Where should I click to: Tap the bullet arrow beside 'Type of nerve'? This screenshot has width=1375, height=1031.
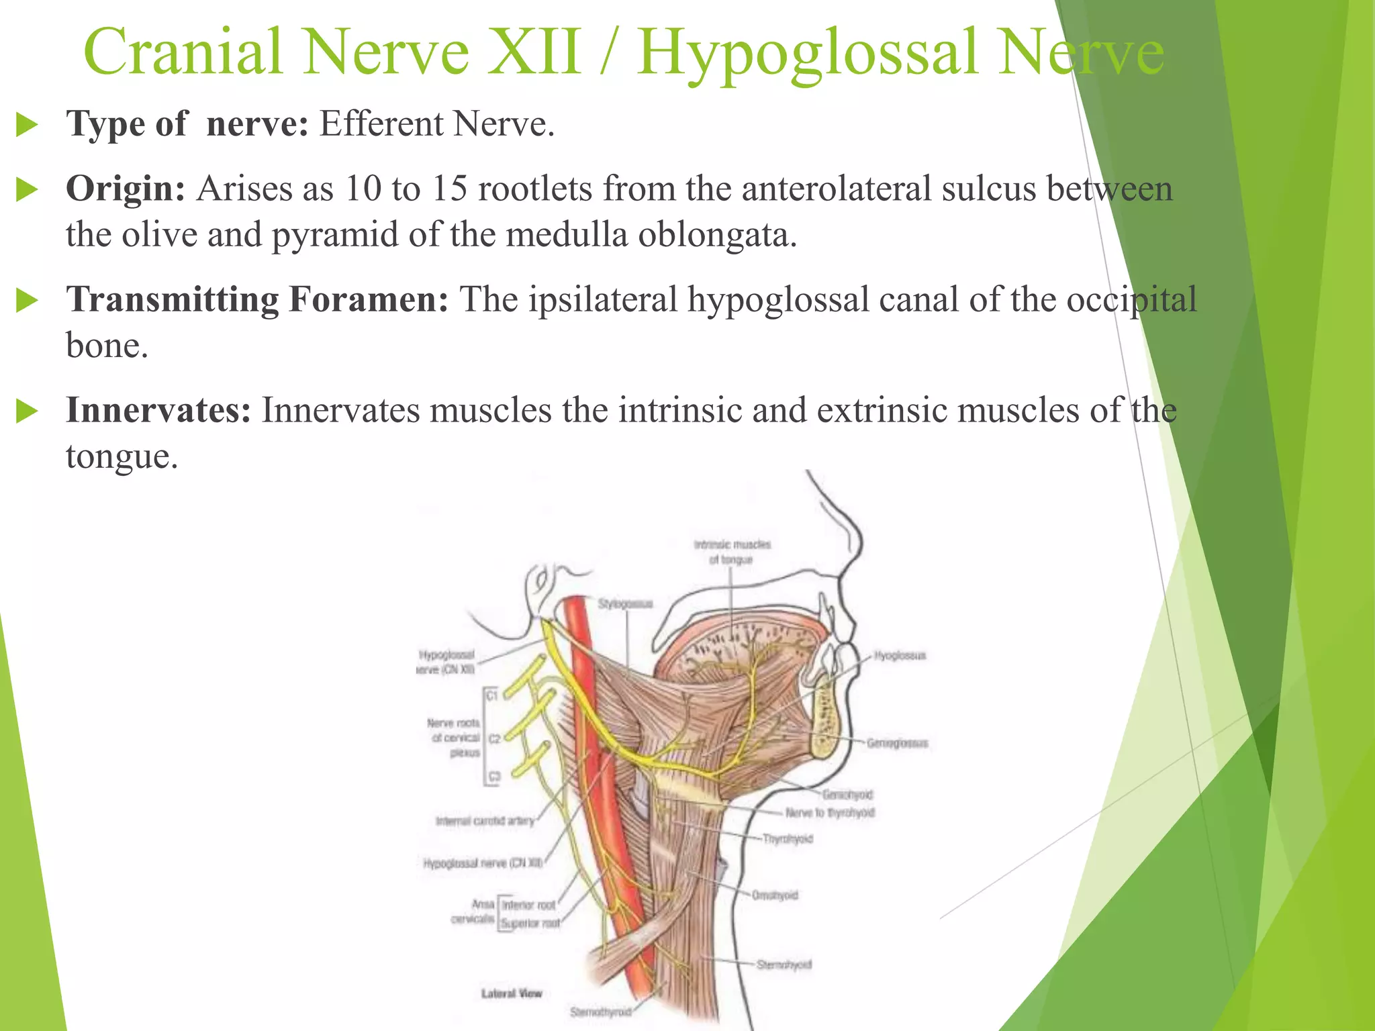tap(27, 125)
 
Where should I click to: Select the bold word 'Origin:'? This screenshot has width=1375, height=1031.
tap(125, 189)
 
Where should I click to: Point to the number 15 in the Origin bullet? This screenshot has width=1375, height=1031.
tap(448, 189)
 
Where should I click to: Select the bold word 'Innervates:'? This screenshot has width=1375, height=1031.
tap(158, 410)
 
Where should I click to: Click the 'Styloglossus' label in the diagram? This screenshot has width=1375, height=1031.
tap(625, 604)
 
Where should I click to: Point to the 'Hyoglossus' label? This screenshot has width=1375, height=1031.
tap(900, 655)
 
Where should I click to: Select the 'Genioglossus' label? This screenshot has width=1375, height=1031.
tap(897, 743)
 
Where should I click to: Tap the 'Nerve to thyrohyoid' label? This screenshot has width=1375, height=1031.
tap(830, 813)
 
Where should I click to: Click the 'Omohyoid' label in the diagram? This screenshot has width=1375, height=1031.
tap(775, 895)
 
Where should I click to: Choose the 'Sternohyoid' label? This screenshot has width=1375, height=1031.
tap(784, 965)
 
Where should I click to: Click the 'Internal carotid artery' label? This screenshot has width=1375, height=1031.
tap(485, 820)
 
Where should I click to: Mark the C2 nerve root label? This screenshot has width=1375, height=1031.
tap(494, 739)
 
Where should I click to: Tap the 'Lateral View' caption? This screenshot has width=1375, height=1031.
tap(511, 993)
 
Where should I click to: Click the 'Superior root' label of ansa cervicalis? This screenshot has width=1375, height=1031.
tap(530, 923)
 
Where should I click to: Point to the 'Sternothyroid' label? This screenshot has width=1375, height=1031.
tap(600, 1012)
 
